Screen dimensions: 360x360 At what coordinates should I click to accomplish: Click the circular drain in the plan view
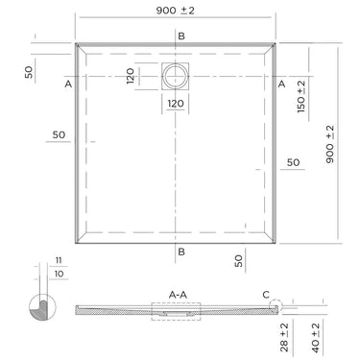coord(175,76)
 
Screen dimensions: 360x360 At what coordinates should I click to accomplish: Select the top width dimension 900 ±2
coord(175,11)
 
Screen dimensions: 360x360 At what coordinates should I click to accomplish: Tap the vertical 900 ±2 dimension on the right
coord(330,144)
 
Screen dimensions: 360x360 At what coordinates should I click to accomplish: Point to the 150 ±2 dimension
coord(300,97)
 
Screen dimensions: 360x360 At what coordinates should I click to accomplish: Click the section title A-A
coord(178,295)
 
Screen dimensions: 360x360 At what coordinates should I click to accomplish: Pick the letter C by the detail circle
coord(266,295)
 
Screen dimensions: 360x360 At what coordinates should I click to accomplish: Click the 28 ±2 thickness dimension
coord(284,337)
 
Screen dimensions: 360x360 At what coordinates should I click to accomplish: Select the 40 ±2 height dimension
coord(315,338)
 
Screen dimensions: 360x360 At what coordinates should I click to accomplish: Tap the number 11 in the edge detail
coord(59,260)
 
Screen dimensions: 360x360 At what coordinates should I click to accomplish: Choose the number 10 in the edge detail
coord(59,274)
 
